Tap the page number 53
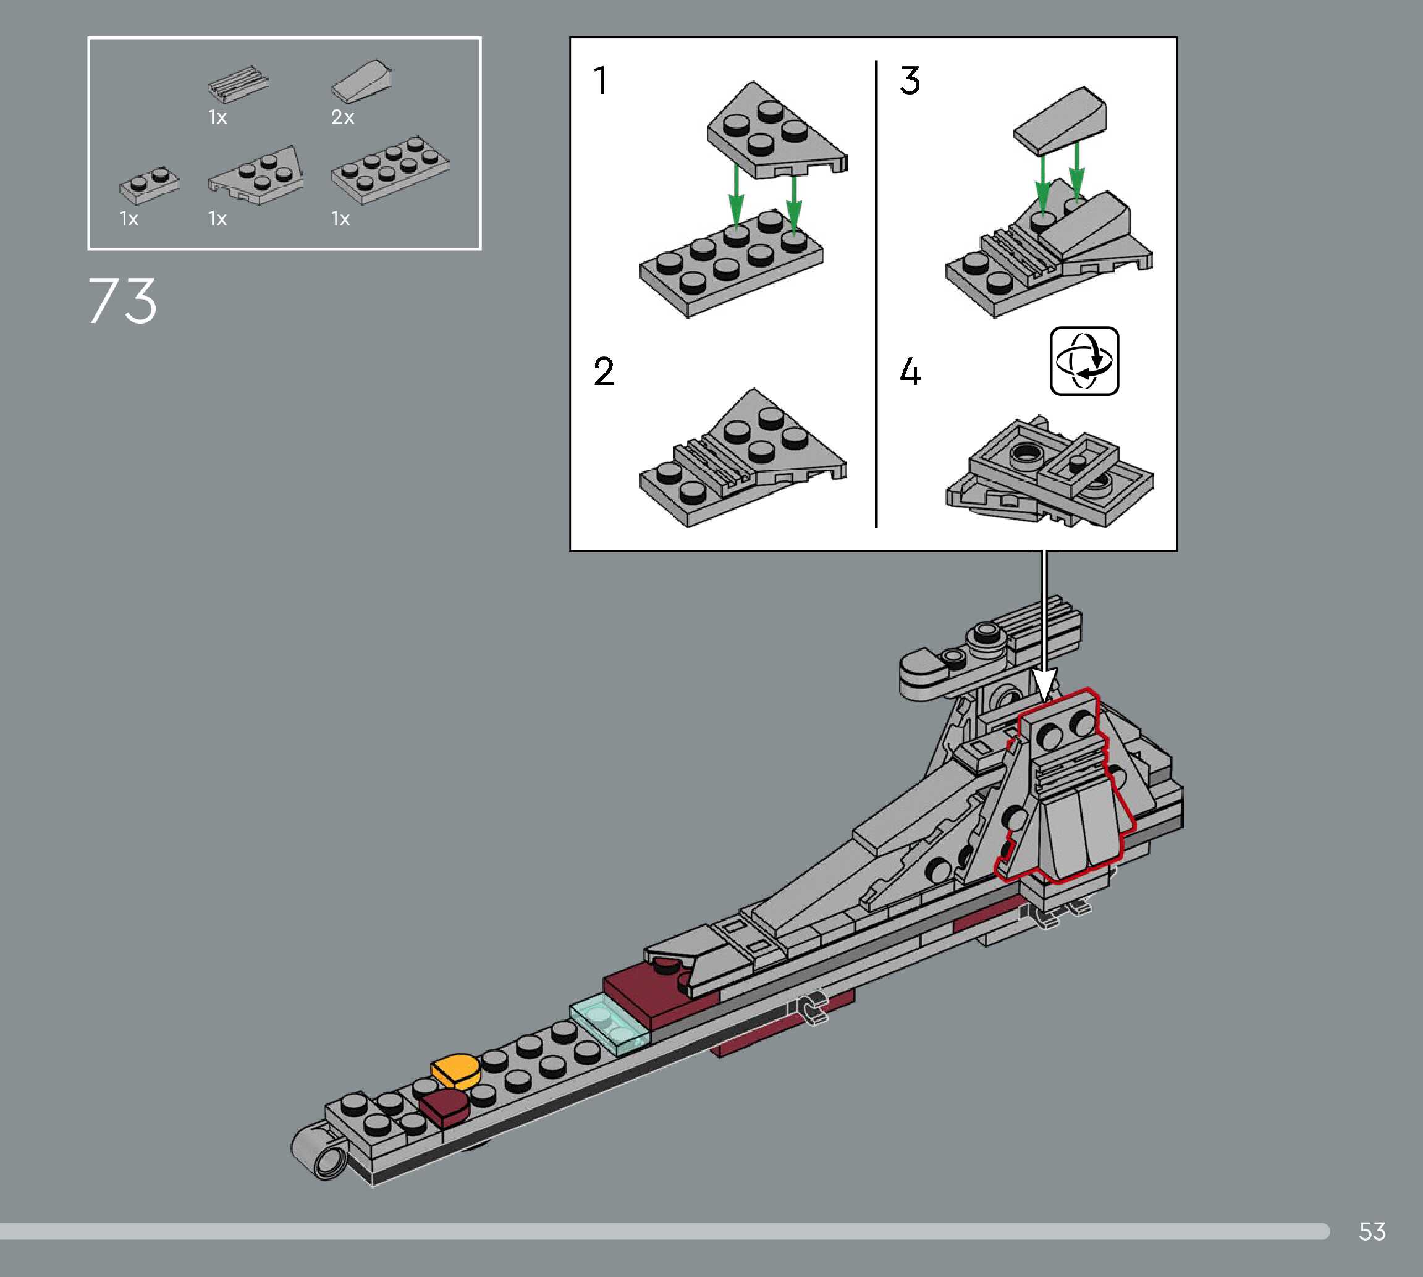coord(1372,1231)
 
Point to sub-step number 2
coord(604,371)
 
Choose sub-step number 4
coord(910,371)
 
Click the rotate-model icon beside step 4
coord(1084,361)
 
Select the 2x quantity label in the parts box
coord(342,117)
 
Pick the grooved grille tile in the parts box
coord(238,83)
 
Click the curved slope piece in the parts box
coord(361,82)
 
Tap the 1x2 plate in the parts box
coord(149,185)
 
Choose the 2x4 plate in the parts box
coord(389,169)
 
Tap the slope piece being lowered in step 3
coord(1062,119)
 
